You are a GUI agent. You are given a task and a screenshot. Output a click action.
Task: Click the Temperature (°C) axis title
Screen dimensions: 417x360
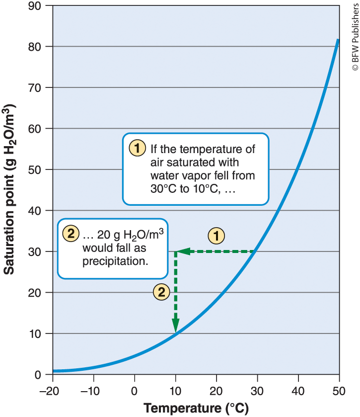[196, 408]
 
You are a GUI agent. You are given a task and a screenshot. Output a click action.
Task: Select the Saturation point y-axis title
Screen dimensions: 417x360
[11, 190]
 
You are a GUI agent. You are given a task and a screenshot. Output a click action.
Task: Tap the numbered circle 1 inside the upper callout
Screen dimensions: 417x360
[137, 148]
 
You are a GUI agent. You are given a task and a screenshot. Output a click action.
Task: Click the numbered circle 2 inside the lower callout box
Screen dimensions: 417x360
[71, 233]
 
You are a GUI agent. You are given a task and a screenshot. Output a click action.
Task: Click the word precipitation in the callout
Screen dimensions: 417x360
[116, 260]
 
